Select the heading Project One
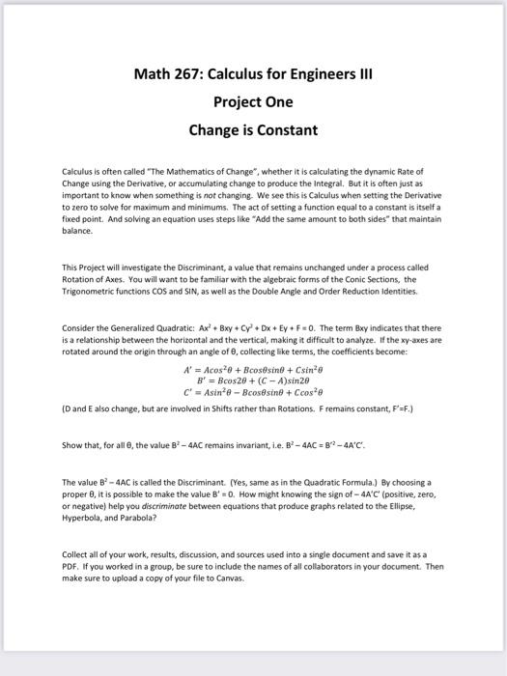click(253, 101)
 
